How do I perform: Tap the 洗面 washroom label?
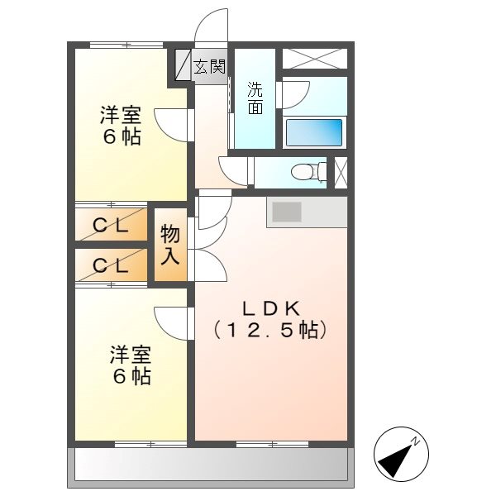pos(255,97)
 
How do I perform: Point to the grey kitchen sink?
pos(287,212)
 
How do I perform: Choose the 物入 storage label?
pos(170,245)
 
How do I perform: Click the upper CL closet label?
pos(110,223)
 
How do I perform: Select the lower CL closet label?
pos(110,266)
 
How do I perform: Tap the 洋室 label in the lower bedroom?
pos(131,356)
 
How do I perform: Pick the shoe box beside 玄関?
pos(182,66)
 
